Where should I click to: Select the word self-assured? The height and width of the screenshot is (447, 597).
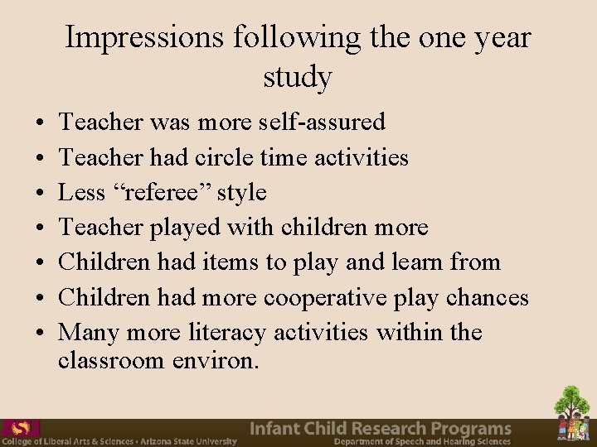(321, 123)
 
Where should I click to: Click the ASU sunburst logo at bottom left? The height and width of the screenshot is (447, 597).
(22, 428)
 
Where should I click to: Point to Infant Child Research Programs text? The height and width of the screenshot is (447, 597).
(381, 428)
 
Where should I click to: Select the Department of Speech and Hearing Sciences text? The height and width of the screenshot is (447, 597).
(422, 442)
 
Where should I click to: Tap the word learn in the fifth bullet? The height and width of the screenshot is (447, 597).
(412, 262)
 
